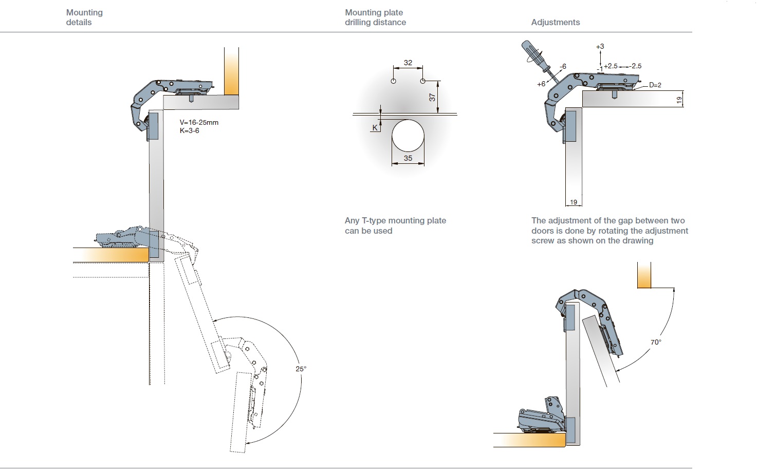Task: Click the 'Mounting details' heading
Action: point(84,17)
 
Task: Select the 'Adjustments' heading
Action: point(555,22)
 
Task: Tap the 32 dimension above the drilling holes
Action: point(408,63)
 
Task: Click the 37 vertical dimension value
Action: point(432,97)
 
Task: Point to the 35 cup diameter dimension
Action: point(408,158)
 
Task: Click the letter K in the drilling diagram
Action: point(375,127)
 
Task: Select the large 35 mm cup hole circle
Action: point(408,136)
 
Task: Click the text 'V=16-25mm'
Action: point(199,123)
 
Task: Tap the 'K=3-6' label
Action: point(189,130)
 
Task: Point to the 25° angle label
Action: point(301,369)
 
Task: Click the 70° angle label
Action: point(656,342)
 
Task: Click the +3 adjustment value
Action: point(600,46)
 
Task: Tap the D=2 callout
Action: point(655,85)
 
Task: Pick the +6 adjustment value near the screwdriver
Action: point(541,84)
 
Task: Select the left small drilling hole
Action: point(394,81)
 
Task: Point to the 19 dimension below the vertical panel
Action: point(574,202)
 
